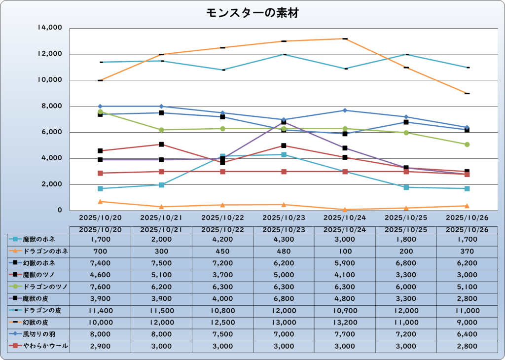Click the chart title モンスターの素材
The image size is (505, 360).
pos(252,13)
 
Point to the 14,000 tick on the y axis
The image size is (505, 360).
pos(49,28)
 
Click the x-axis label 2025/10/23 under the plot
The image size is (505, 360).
pos(284,217)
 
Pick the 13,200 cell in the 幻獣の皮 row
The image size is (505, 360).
pos(345,323)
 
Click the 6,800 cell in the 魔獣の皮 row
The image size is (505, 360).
pos(284,299)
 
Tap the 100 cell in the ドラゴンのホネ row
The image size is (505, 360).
pos(345,251)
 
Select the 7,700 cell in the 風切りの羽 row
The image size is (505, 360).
pos(345,334)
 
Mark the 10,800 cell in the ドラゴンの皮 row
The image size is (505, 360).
pos(222,311)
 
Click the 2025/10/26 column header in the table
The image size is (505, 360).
pos(467,230)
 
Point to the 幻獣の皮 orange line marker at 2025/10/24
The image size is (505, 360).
pos(345,38)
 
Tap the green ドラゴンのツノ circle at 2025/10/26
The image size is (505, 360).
pos(467,144)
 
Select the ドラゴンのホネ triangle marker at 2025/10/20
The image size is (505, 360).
pos(100,201)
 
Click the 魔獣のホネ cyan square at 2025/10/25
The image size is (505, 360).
pos(406,187)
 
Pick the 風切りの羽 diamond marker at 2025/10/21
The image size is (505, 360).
pos(161,107)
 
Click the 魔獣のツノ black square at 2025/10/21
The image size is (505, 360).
pos(161,144)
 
